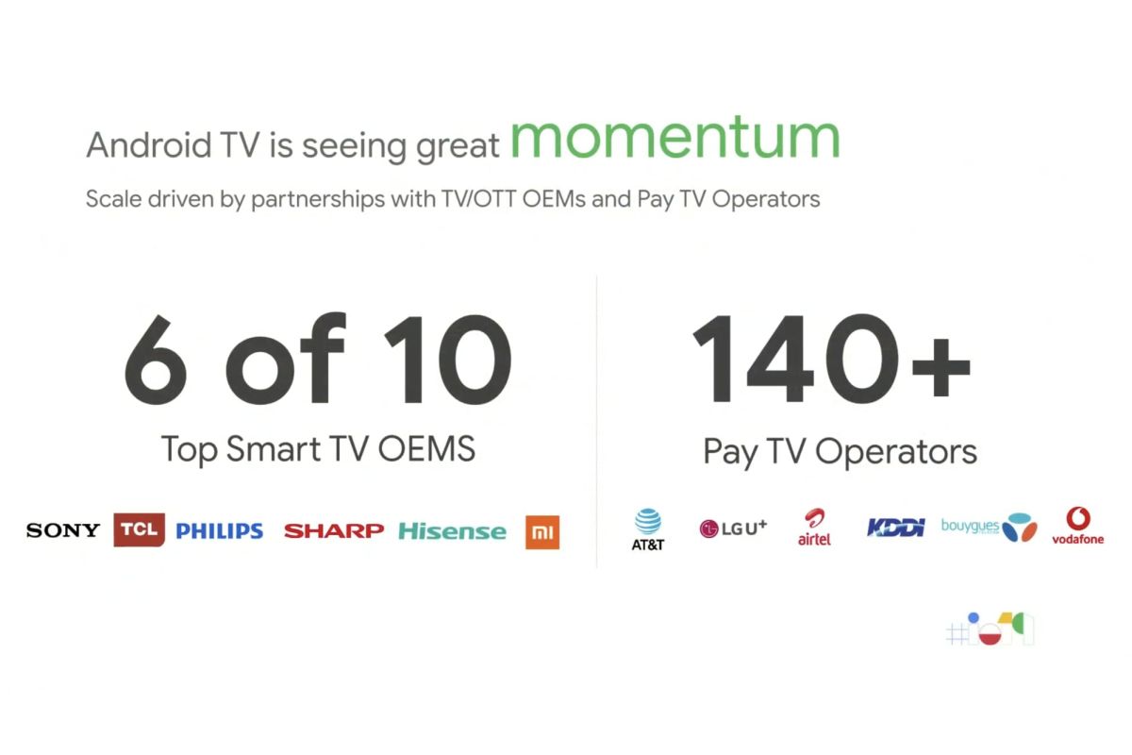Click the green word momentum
(675, 137)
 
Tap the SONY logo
(63, 530)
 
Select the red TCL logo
(139, 529)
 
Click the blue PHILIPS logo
(219, 530)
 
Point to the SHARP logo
(334, 531)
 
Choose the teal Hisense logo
(452, 531)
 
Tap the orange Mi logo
(542, 532)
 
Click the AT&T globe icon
(648, 521)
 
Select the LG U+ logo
(733, 528)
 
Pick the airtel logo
(814, 527)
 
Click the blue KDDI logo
(895, 528)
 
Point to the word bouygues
(970, 526)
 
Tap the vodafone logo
(1078, 526)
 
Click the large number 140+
(831, 358)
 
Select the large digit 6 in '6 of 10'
(156, 359)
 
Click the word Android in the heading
(149, 145)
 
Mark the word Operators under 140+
(896, 452)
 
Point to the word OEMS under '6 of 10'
(427, 448)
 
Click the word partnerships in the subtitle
(318, 200)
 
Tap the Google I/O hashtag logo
(990, 629)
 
